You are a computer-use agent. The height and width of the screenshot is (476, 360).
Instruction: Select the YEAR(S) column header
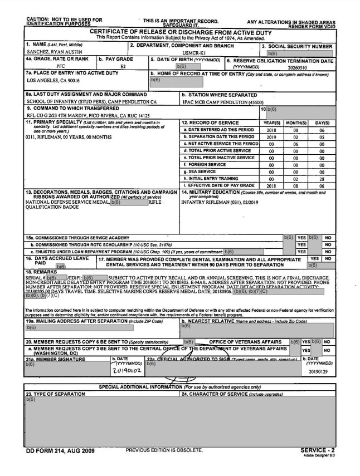click(x=271, y=122)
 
